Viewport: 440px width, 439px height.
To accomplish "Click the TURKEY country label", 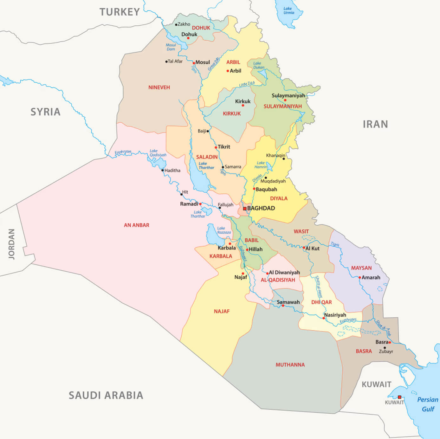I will (120, 12).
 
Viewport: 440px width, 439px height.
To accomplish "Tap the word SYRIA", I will (45, 112).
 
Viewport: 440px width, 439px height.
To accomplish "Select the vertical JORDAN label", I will (12, 244).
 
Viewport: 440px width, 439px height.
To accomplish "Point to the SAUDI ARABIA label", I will (106, 395).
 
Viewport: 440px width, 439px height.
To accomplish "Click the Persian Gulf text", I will (428, 404).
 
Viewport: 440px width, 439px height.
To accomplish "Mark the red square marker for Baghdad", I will (245, 209).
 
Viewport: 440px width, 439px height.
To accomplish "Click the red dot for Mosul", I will (194, 63).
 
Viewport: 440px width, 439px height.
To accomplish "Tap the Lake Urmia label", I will (288, 11).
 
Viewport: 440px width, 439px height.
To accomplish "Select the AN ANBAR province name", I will (136, 225).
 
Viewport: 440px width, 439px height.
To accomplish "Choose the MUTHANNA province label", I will (290, 365).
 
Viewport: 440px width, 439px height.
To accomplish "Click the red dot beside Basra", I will (390, 342).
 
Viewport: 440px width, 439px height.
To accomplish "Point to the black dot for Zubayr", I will (385, 348).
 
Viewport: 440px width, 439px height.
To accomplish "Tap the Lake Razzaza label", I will (224, 230).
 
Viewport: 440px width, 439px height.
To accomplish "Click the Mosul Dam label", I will (171, 47).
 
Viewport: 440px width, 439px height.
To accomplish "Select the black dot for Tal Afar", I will (166, 61).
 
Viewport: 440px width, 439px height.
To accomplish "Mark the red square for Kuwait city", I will (399, 397).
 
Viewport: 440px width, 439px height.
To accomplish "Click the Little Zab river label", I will (247, 84).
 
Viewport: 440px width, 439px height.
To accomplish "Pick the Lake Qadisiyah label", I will (158, 153).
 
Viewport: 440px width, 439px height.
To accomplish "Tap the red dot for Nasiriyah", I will (324, 318).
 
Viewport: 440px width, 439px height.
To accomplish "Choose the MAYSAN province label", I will (361, 268).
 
